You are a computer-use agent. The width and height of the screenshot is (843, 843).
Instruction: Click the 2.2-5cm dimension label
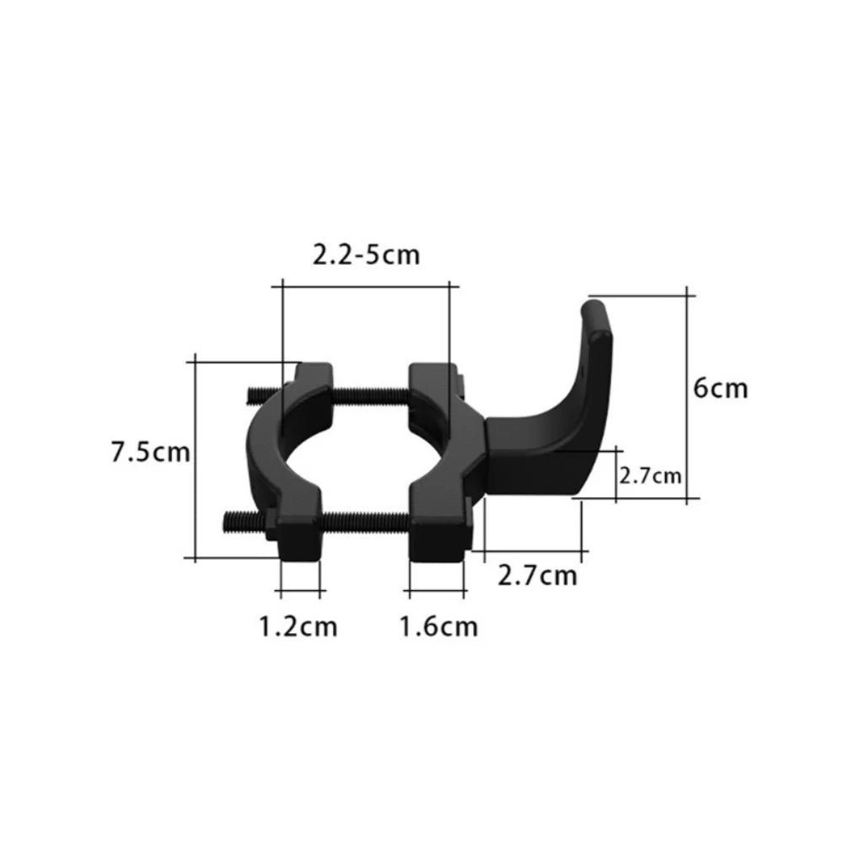366,254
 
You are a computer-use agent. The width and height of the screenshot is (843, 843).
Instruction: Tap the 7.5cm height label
150,452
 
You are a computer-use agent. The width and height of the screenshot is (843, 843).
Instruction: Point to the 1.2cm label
297,626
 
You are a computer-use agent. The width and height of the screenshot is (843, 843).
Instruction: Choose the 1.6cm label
438,626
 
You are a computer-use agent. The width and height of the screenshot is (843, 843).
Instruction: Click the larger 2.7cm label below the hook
538,576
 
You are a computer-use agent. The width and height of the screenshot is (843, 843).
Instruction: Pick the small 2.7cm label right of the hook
650,476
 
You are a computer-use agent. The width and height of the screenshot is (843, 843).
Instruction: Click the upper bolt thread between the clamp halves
371,392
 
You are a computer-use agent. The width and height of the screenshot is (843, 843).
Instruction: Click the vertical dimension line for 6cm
690,396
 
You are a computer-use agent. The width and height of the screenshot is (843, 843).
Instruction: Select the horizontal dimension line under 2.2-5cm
366,287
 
